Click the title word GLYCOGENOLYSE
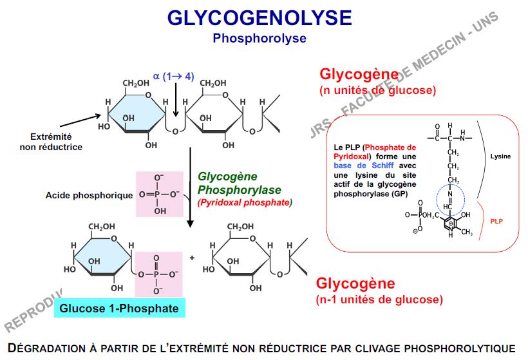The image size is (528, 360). click(x=259, y=17)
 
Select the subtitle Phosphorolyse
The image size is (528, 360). click(x=259, y=38)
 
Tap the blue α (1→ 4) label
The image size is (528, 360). click(x=173, y=77)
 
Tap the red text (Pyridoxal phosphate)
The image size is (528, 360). click(x=245, y=203)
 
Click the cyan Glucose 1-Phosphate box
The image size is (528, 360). click(x=119, y=308)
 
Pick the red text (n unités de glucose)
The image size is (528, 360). click(x=377, y=90)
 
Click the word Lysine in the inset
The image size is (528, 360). click(x=500, y=156)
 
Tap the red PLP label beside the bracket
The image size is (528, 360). click(x=496, y=220)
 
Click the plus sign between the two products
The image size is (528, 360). click(x=192, y=258)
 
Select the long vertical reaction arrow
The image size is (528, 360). click(x=190, y=187)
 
